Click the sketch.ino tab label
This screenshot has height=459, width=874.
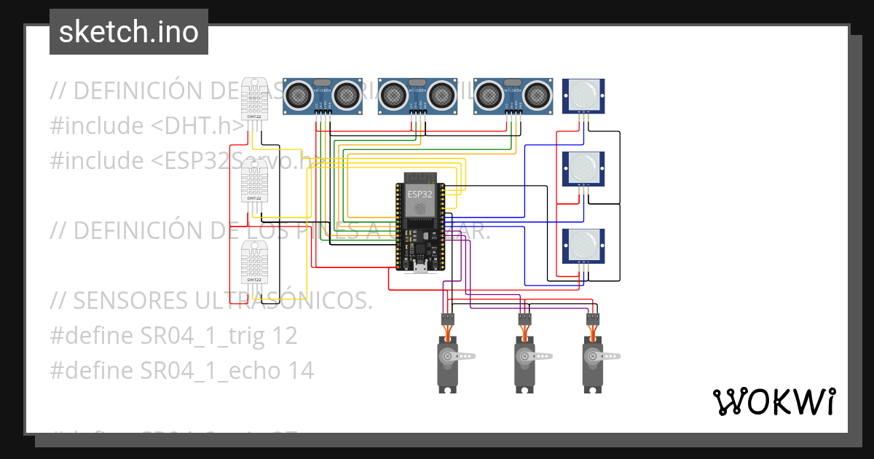pos(128,32)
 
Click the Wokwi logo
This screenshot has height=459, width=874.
pos(773,401)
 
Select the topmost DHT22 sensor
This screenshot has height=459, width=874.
pos(254,98)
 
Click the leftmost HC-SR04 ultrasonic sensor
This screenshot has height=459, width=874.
pos(322,95)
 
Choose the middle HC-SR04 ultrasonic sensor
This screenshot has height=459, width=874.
pos(417,95)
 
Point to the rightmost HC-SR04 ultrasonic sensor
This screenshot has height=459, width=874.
pos(513,95)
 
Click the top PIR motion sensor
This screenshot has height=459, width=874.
pos(583,95)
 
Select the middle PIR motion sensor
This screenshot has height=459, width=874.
pos(583,169)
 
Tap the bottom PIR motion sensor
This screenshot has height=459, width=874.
pos(583,246)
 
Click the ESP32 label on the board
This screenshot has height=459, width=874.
pos(420,195)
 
